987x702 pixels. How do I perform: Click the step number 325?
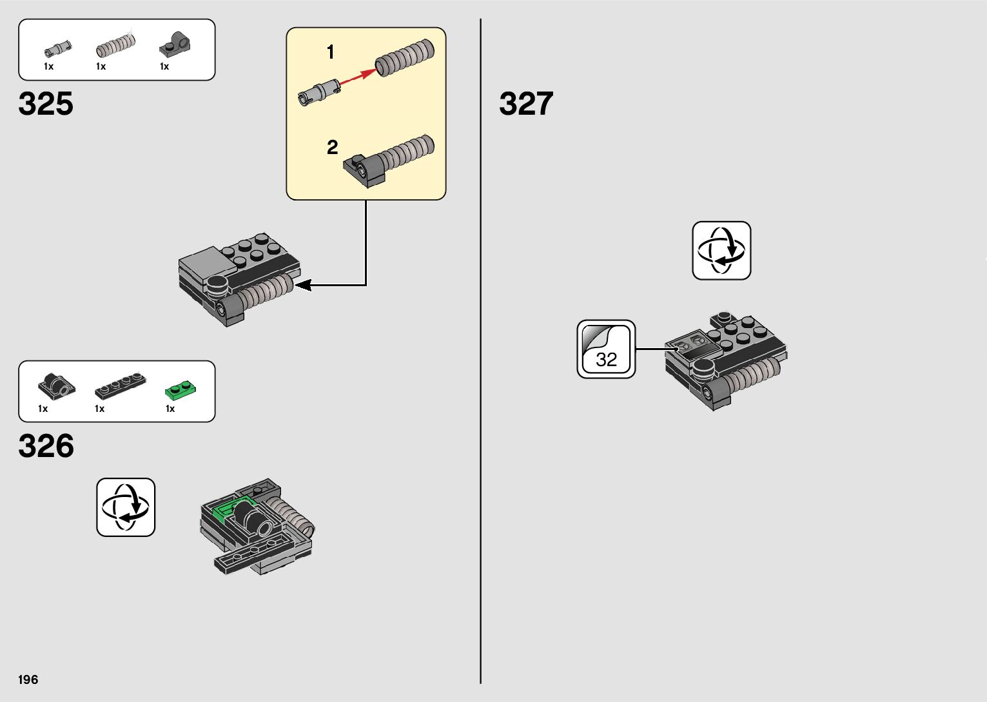(46, 104)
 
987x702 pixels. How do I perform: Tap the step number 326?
(46, 446)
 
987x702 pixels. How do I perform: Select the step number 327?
(526, 104)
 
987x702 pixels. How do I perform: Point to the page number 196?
(28, 679)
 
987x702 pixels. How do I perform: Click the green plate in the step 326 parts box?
(181, 389)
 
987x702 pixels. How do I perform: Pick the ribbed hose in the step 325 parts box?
(116, 46)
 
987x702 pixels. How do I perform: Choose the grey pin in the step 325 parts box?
(57, 48)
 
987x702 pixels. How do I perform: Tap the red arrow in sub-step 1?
(358, 76)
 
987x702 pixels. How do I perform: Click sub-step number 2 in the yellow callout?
(332, 148)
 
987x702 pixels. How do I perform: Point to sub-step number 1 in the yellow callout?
(331, 52)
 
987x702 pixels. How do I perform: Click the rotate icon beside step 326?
(126, 507)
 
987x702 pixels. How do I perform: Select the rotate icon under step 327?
(721, 251)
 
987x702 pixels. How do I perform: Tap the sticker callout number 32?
(606, 358)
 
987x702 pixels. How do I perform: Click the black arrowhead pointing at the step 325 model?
(303, 284)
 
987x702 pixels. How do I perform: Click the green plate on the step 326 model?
(227, 511)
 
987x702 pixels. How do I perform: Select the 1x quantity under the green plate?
(170, 409)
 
